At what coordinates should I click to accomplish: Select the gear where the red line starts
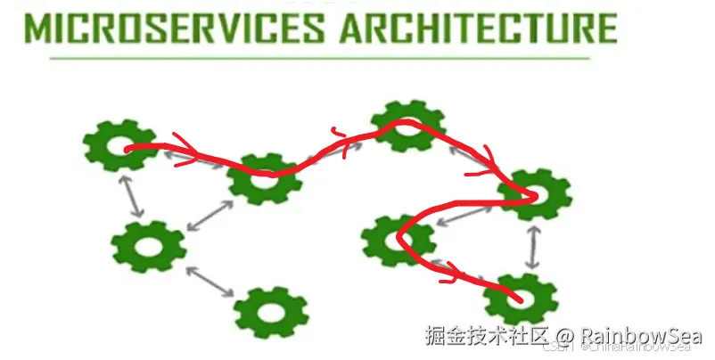tap(119, 145)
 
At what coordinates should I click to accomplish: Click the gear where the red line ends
tap(521, 299)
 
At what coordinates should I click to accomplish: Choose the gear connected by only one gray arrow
tap(271, 312)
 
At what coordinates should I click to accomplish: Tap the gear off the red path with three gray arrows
tap(148, 246)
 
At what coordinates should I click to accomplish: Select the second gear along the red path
tap(265, 177)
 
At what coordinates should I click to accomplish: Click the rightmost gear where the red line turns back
tap(533, 194)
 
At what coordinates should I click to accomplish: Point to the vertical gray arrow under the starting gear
tap(135, 197)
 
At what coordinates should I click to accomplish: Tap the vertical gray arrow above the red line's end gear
tap(532, 246)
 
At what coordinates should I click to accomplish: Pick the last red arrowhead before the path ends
tap(453, 273)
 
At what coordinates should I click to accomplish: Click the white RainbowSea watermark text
tap(640, 336)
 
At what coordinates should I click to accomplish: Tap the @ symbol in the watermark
tap(567, 337)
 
